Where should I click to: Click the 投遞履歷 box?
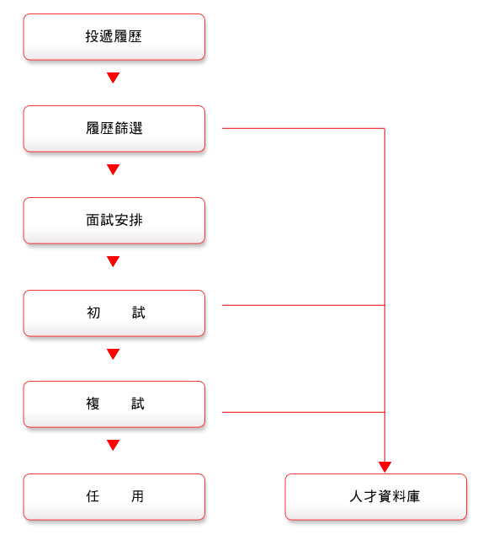[114, 37]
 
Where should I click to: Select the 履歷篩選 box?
[114, 129]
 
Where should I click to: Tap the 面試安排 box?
[114, 221]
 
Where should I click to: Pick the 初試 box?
[114, 313]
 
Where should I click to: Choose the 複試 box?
[114, 404]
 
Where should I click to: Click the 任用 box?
[114, 497]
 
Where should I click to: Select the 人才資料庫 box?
[376, 497]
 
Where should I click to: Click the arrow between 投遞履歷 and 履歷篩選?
[113, 78]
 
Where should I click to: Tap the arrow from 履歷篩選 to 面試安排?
[113, 169]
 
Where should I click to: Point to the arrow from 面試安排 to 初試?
[113, 261]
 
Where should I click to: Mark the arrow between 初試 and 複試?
[113, 354]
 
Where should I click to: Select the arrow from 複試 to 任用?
[113, 445]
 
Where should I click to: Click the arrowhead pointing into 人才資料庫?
[385, 467]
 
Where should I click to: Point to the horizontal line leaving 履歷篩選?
[304, 129]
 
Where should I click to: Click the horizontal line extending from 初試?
[304, 305]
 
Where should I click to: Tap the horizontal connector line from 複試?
[304, 412]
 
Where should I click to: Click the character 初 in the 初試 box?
[93, 313]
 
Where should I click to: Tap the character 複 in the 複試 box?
[93, 404]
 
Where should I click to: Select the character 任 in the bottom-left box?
[93, 496]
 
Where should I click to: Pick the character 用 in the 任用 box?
[137, 496]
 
